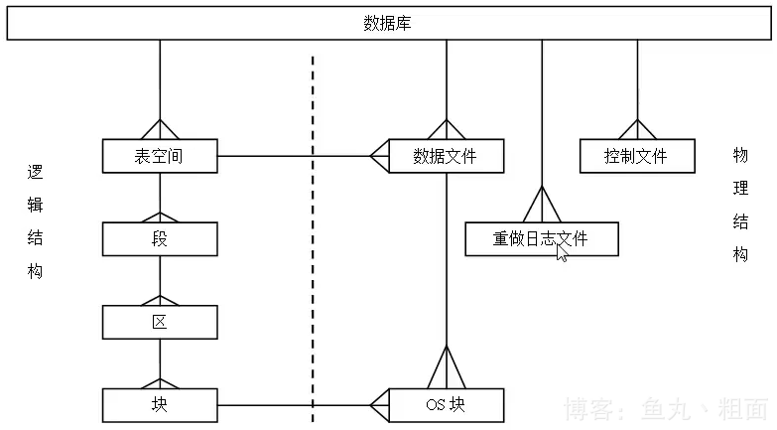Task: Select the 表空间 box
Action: point(160,156)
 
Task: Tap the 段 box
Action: point(160,239)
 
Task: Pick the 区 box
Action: point(160,322)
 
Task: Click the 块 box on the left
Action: point(160,404)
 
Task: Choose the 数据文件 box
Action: point(446,156)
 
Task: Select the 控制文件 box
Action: point(635,156)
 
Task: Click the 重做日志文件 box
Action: point(541,239)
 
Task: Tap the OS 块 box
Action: point(446,405)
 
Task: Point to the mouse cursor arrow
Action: point(562,252)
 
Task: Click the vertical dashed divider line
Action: point(314,248)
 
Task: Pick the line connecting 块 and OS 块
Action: point(268,405)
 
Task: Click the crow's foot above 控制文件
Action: point(635,129)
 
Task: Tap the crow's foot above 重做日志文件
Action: point(542,206)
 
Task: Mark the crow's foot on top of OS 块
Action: point(446,367)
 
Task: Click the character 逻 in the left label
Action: point(36,172)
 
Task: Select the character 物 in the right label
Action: point(740,155)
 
